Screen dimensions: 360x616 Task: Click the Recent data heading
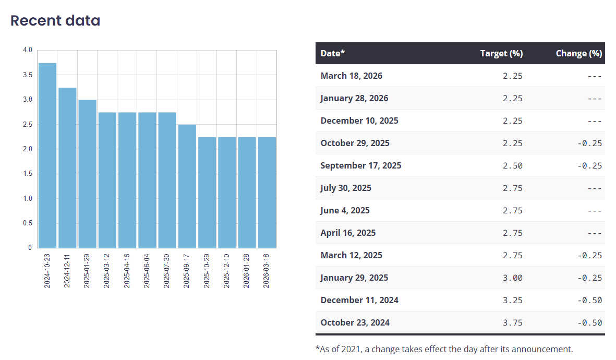(55, 21)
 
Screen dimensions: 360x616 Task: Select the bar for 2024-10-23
(47, 155)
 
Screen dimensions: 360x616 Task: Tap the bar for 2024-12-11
(67, 167)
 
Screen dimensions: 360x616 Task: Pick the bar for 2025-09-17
(187, 186)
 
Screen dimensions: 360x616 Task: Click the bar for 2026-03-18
(267, 193)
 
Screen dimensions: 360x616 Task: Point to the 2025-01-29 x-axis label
(88, 271)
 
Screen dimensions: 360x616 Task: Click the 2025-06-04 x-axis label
(148, 271)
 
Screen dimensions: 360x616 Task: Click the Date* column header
(333, 53)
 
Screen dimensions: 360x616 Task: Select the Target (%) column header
(501, 53)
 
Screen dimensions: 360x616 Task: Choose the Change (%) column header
(578, 53)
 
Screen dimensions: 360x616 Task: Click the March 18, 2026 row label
(352, 76)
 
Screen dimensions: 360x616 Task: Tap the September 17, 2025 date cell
(361, 165)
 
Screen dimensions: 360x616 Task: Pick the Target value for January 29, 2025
(512, 278)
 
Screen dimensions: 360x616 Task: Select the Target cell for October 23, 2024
(512, 322)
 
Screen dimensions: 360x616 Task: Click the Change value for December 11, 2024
(589, 300)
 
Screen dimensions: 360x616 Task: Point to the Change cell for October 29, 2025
(589, 143)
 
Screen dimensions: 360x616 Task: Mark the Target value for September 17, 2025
(512, 165)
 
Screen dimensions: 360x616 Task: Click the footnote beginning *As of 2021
(444, 349)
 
